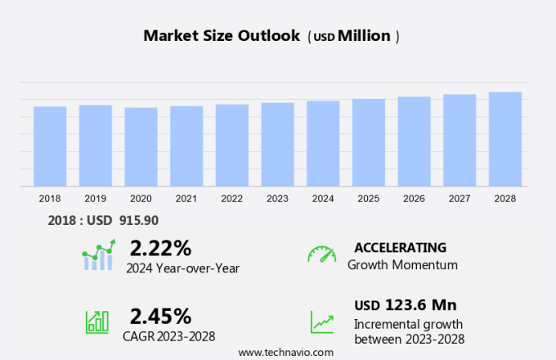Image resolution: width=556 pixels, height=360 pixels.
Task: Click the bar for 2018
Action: point(50,146)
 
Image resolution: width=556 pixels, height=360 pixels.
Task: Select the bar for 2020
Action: point(141,147)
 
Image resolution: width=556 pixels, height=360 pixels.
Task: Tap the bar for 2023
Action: point(277,145)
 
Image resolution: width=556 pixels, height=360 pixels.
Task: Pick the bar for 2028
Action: point(505,139)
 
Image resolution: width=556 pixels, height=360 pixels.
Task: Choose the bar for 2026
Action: point(415,142)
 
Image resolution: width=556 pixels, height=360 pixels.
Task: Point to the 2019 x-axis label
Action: point(95,198)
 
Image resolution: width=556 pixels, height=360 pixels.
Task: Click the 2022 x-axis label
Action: point(231,198)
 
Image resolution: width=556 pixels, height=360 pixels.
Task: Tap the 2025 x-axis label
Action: point(369,198)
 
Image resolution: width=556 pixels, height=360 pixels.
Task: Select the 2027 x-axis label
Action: point(460,198)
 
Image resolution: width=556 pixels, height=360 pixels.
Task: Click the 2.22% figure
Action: point(160,248)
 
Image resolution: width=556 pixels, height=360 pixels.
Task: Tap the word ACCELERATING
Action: point(400,247)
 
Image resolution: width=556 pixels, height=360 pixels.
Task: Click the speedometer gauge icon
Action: point(321,254)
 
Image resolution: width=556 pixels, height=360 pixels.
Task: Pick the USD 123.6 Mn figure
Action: point(405,305)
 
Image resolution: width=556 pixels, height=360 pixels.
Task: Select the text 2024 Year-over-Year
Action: point(182,267)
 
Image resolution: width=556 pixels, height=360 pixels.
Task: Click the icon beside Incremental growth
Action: point(321,321)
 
